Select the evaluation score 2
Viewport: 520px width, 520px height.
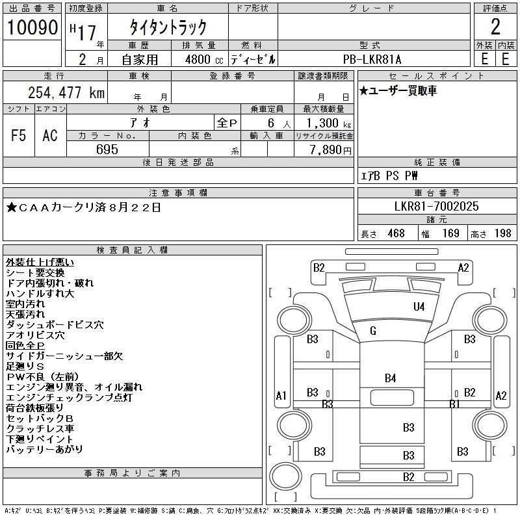click(495, 27)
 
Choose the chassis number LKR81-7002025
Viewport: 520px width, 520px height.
click(436, 207)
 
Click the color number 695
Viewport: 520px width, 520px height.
click(107, 149)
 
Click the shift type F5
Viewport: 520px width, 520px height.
click(19, 135)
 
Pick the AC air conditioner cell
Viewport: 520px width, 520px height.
click(50, 135)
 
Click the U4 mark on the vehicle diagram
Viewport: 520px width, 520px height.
click(419, 307)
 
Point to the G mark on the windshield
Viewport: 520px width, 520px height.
click(373, 331)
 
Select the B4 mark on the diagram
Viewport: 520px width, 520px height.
click(390, 378)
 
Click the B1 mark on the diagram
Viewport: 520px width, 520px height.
click(455, 404)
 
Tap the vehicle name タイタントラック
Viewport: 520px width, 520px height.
click(168, 27)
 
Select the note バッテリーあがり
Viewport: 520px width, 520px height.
click(45, 449)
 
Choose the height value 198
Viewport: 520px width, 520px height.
click(502, 233)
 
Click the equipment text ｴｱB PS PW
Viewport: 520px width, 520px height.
click(390, 175)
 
